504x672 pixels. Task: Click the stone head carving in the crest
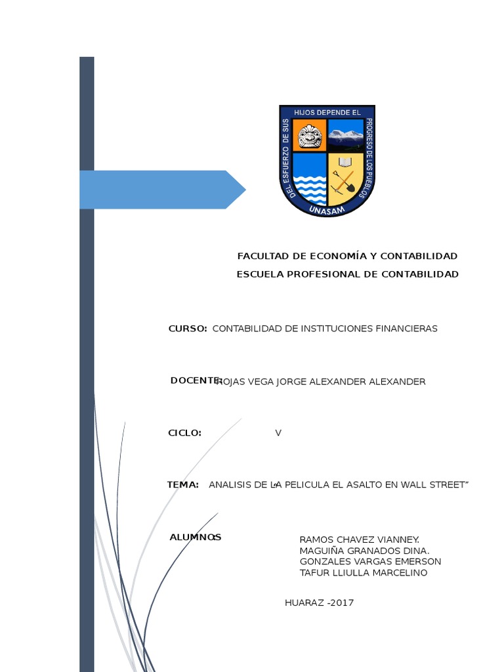(309, 136)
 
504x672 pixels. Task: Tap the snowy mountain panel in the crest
(345, 136)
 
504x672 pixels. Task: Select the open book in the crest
(345, 161)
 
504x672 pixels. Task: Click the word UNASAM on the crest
(327, 211)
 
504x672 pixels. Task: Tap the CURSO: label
(188, 328)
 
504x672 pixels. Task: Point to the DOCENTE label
(194, 381)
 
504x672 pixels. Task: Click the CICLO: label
(184, 433)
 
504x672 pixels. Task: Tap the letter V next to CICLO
(278, 433)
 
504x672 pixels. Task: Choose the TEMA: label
(182, 484)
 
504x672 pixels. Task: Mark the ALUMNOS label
(195, 537)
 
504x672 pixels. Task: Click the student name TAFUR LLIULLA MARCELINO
(363, 573)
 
